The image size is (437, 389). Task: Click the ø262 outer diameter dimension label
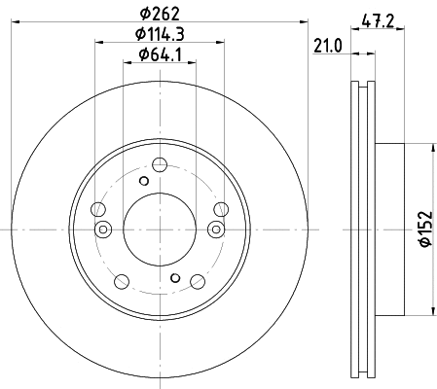(161, 14)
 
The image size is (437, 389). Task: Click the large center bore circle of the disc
(161, 229)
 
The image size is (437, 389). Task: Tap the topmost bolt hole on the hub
(161, 165)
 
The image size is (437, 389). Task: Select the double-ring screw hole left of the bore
(103, 229)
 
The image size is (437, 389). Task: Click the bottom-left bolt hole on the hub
(122, 282)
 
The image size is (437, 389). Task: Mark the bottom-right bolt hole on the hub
(198, 282)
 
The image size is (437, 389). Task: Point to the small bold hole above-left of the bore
(144, 181)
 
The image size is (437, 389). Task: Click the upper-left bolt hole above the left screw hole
(97, 209)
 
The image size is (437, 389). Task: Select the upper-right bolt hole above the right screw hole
(222, 208)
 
